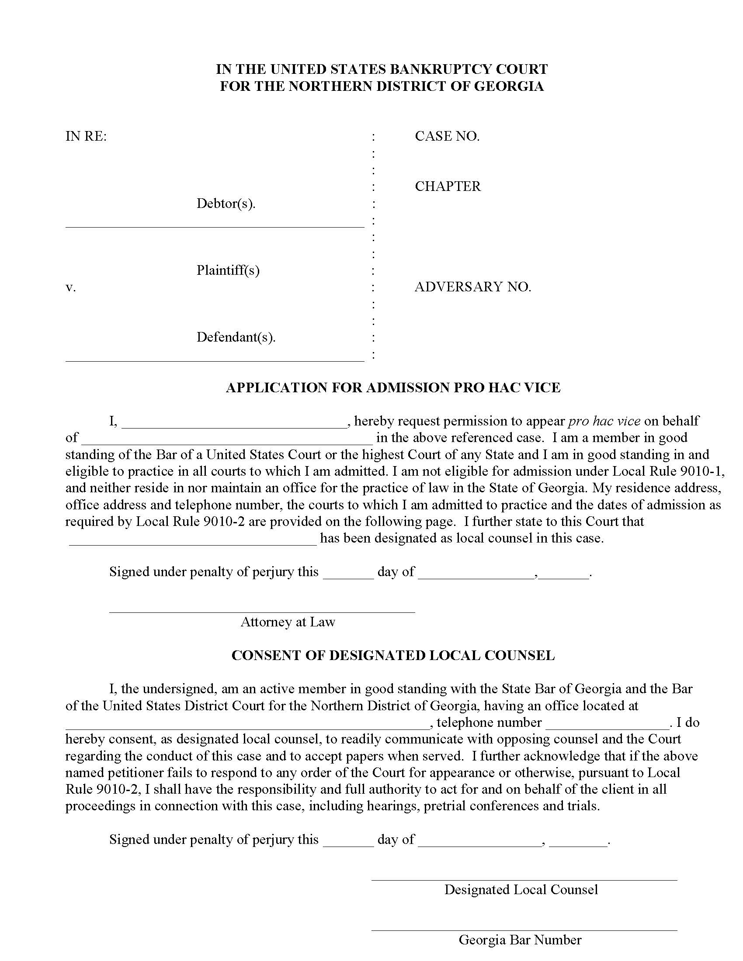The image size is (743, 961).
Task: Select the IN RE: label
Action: pyautogui.click(x=86, y=136)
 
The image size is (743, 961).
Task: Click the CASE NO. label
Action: pyautogui.click(x=447, y=136)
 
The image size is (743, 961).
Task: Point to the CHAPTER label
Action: pyautogui.click(x=448, y=187)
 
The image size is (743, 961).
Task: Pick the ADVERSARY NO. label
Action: pyautogui.click(x=473, y=287)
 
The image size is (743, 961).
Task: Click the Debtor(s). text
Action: pyautogui.click(x=226, y=204)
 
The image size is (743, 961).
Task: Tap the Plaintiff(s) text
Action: pyautogui.click(x=228, y=270)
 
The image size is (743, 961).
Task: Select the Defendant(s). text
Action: pyautogui.click(x=236, y=337)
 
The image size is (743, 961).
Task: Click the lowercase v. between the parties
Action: pyautogui.click(x=70, y=287)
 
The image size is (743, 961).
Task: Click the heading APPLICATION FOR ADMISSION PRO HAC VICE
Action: pyautogui.click(x=392, y=387)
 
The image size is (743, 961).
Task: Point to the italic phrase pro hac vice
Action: pyautogui.click(x=604, y=421)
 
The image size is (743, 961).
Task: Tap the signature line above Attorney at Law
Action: pyautogui.click(x=262, y=611)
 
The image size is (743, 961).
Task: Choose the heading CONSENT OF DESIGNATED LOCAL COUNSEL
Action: pyautogui.click(x=392, y=655)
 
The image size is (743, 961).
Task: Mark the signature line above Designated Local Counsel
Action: pyautogui.click(x=524, y=880)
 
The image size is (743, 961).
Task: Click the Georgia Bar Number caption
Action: pyautogui.click(x=520, y=940)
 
